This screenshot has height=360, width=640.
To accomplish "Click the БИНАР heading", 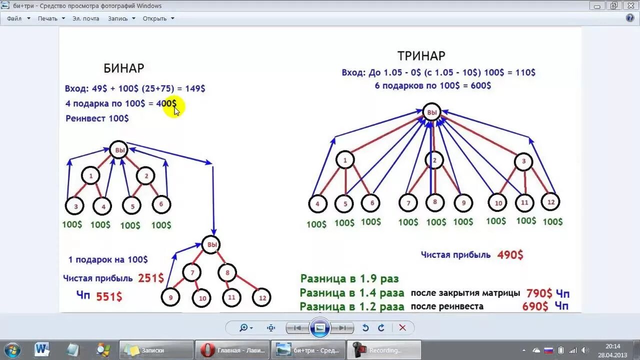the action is pyautogui.click(x=123, y=68).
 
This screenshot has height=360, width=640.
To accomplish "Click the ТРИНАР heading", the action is pyautogui.click(x=421, y=55).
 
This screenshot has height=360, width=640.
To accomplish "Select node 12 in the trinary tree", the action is pyautogui.click(x=550, y=201).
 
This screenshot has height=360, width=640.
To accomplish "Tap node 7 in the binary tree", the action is pyautogui.click(x=191, y=272).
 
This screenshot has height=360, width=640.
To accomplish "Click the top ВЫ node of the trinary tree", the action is pyautogui.click(x=431, y=112).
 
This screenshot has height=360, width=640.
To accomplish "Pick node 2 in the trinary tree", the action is pyautogui.click(x=434, y=160).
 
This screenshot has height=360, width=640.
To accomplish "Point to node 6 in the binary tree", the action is pyautogui.click(x=161, y=204).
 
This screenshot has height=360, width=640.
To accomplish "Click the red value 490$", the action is pyautogui.click(x=510, y=255).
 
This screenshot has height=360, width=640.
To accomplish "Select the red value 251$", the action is pyautogui.click(x=150, y=278).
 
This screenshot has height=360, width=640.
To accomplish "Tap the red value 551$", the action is pyautogui.click(x=109, y=296).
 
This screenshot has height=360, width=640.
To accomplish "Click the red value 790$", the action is pyautogui.click(x=539, y=293).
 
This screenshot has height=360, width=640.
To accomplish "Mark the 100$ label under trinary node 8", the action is pyautogui.click(x=436, y=222).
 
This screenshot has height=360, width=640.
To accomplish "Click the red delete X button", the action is pyautogui.click(x=402, y=328).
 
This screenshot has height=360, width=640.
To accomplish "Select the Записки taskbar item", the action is pyautogui.click(x=156, y=350).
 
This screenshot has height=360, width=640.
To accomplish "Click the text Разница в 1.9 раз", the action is pyautogui.click(x=349, y=278).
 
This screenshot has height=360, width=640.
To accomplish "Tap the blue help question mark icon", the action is pyautogui.click(x=630, y=18).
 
